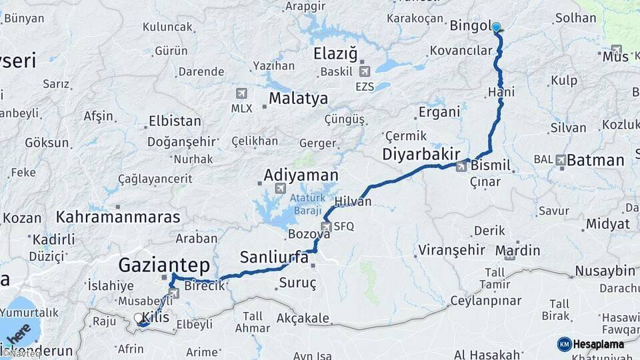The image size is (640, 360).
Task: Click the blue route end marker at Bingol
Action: pos(496,27)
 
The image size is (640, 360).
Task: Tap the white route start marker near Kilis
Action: pos(139,319)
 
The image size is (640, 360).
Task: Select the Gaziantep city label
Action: pos(164,265)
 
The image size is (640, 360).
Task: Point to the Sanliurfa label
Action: pos(274,257)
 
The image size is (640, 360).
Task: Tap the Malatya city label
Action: pos(298,99)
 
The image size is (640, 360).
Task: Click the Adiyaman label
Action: pos(301,175)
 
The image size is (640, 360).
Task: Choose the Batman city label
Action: pos(595,160)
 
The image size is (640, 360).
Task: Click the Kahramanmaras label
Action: pos(118,217)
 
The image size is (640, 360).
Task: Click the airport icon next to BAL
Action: pos(561,160)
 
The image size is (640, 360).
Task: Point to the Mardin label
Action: pos(517,251)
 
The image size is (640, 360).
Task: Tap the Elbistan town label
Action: pos(175,121)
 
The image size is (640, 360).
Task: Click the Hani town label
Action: pos(501,91)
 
